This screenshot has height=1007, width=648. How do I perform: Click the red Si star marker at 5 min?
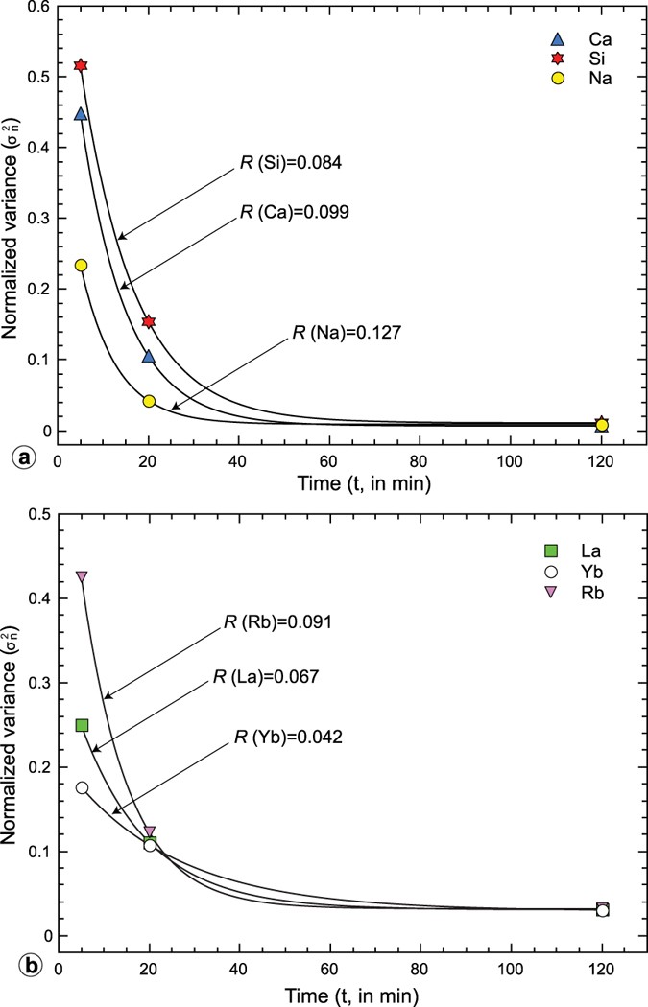tap(81, 65)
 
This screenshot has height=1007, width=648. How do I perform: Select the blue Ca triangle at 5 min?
tap(81, 114)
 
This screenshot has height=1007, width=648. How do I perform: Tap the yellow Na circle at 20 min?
tap(149, 401)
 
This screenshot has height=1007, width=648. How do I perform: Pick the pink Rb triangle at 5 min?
tap(82, 576)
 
